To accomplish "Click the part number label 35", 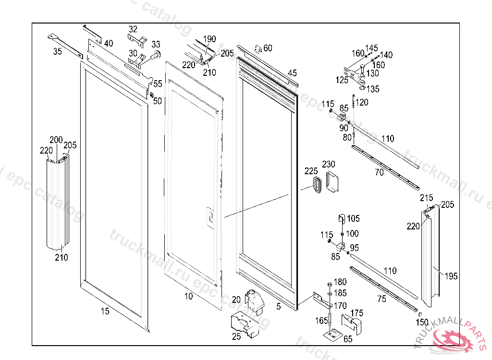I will [x=58, y=52].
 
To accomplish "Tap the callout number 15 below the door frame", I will [x=105, y=312].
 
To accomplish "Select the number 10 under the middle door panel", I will [x=189, y=296].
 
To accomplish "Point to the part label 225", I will [x=311, y=171].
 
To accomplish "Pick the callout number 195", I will [x=451, y=276].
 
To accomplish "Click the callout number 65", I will [x=347, y=339].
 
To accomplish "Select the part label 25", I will [x=236, y=336].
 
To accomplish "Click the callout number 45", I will [x=292, y=73].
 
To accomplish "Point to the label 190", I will [x=209, y=39].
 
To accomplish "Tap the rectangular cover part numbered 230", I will [x=332, y=182].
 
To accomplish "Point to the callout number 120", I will [x=362, y=102].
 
